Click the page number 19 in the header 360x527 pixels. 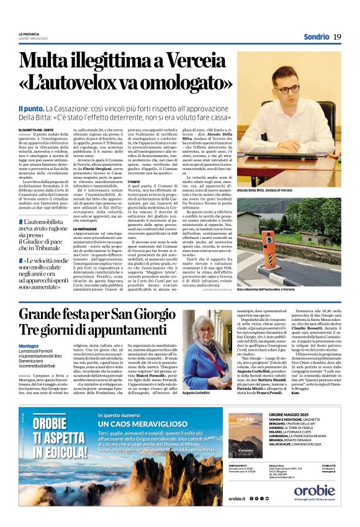[x=337, y=37]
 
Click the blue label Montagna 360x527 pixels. [x=29, y=346]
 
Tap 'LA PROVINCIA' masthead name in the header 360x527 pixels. [x=30, y=34]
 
